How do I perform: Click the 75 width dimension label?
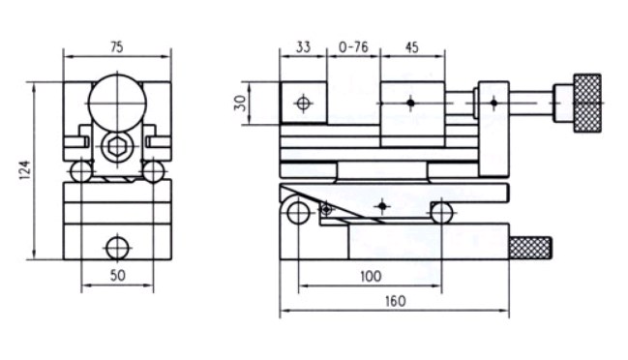[x=116, y=47]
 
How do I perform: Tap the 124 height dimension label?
[x=25, y=169]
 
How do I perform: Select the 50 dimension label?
[x=117, y=276]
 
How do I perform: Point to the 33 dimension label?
[x=303, y=47]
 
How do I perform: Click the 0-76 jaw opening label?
[x=353, y=47]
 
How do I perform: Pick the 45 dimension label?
[x=411, y=47]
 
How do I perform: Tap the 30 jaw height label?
[x=240, y=103]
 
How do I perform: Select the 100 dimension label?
[x=371, y=277]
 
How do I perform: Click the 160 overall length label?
[x=396, y=301]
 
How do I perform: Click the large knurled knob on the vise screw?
[x=587, y=103]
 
